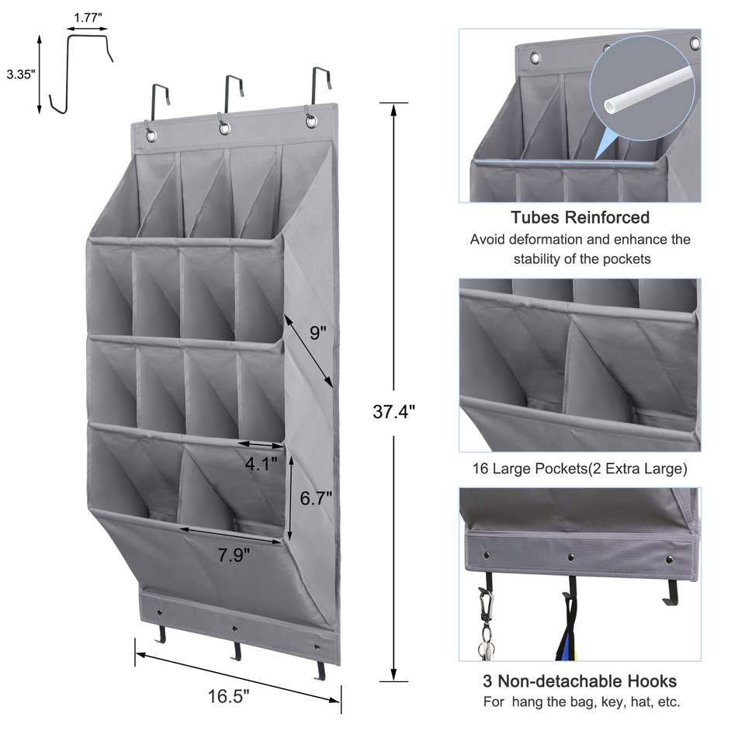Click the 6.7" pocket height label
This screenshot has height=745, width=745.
(316, 498)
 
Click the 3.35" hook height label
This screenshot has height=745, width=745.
(19, 74)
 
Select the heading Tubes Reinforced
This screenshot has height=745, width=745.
(580, 218)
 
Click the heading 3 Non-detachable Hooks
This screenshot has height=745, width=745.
(580, 681)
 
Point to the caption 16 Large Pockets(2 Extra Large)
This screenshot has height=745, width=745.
(580, 469)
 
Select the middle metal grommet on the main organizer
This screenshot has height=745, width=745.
(224, 128)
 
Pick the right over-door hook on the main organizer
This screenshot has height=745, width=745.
(318, 89)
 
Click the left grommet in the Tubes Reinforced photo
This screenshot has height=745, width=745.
(535, 57)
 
